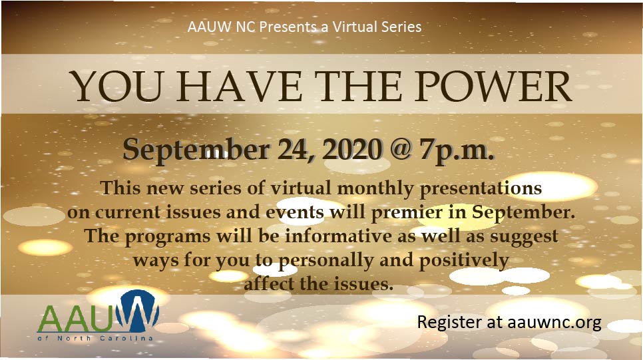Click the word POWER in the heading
493,87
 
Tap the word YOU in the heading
116,87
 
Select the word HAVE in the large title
240,87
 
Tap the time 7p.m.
457,151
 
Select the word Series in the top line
401,27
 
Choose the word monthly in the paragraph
375,189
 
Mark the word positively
464,261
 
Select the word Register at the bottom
450,323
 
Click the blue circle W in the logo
137,311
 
